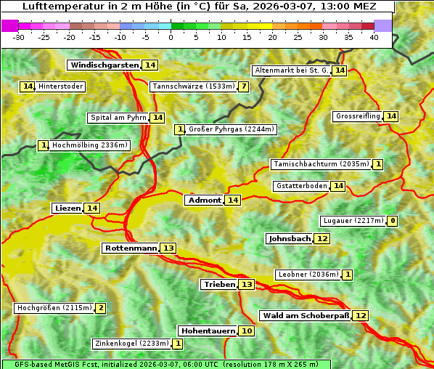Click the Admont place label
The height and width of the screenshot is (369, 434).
coord(204,200)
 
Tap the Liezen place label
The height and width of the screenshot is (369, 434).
coord(67,208)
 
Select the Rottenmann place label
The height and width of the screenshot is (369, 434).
coord(131,248)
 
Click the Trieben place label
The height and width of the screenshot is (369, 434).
coord(219,285)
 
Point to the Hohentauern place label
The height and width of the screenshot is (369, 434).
coord(208,331)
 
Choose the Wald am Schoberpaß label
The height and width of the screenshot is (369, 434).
coord(306,316)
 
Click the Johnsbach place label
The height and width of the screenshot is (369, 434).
coord(290,239)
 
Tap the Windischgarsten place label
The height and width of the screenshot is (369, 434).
coord(104,65)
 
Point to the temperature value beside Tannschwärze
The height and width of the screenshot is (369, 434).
coord(244,87)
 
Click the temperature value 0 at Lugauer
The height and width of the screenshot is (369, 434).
coord(393,221)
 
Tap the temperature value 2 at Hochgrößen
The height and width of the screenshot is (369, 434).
coord(100,308)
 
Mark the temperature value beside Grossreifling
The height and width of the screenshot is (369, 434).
coord(391,116)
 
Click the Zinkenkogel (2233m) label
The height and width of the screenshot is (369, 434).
coord(131,344)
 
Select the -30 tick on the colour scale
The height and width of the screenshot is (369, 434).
coord(19,37)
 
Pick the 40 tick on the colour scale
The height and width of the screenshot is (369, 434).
coord(374,37)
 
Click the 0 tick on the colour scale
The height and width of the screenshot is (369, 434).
coord(171,37)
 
